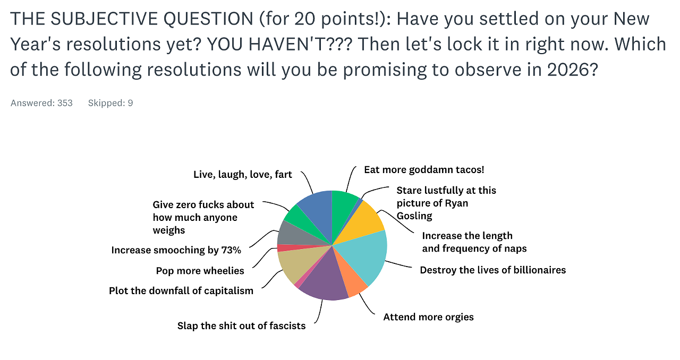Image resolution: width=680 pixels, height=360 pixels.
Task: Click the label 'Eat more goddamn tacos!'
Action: click(424, 170)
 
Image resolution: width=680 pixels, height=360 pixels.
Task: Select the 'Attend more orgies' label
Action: click(428, 317)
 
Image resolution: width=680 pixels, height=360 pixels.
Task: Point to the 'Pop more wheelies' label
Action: click(200, 270)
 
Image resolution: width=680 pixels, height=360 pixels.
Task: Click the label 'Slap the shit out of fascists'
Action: click(241, 325)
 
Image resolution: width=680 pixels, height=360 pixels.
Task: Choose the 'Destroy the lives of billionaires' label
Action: click(492, 270)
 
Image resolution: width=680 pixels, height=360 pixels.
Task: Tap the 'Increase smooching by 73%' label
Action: click(176, 250)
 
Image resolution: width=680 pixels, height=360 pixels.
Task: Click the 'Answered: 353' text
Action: click(41, 103)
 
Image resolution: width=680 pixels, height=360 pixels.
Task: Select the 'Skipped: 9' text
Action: click(110, 103)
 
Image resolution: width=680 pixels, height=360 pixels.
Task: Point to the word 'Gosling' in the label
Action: click(414, 216)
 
